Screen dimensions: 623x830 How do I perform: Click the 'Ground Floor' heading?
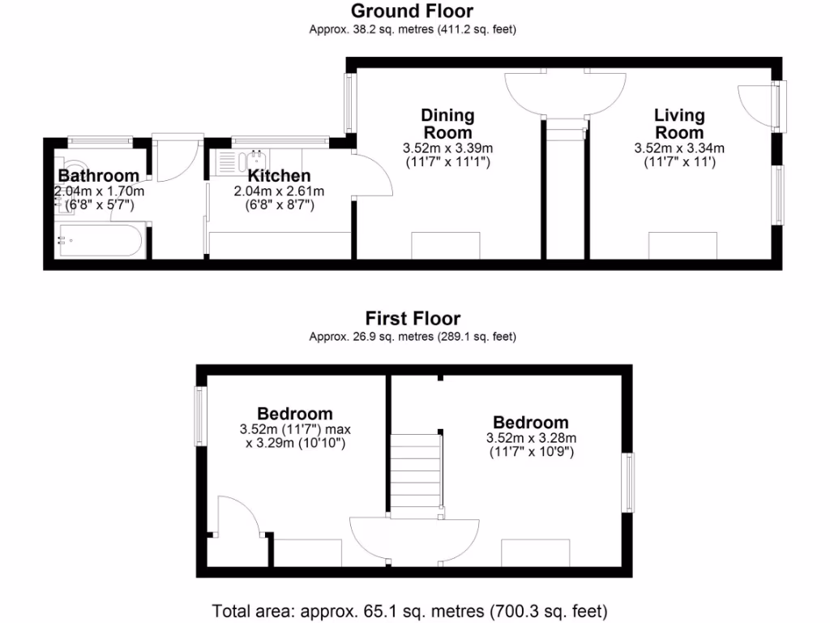(x=412, y=11)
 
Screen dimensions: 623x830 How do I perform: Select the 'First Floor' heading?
(x=412, y=319)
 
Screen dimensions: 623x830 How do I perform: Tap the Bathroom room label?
(x=98, y=176)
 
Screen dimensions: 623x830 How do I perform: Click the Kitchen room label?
(x=278, y=176)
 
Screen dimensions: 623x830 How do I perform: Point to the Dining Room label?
(x=447, y=124)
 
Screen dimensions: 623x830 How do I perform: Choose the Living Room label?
(x=679, y=124)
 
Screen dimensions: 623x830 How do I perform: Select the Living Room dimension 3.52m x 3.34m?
(x=679, y=148)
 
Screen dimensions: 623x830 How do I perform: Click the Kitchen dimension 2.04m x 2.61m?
(x=278, y=191)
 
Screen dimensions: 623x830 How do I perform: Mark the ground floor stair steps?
(x=565, y=129)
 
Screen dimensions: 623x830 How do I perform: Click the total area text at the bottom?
(x=409, y=610)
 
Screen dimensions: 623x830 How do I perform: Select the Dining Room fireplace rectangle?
(x=447, y=245)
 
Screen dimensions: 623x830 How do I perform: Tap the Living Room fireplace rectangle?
(x=682, y=245)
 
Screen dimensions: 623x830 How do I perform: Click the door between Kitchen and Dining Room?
(x=373, y=174)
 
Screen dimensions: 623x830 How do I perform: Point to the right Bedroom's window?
(x=628, y=483)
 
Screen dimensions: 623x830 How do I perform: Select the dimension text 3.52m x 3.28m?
(x=531, y=438)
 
